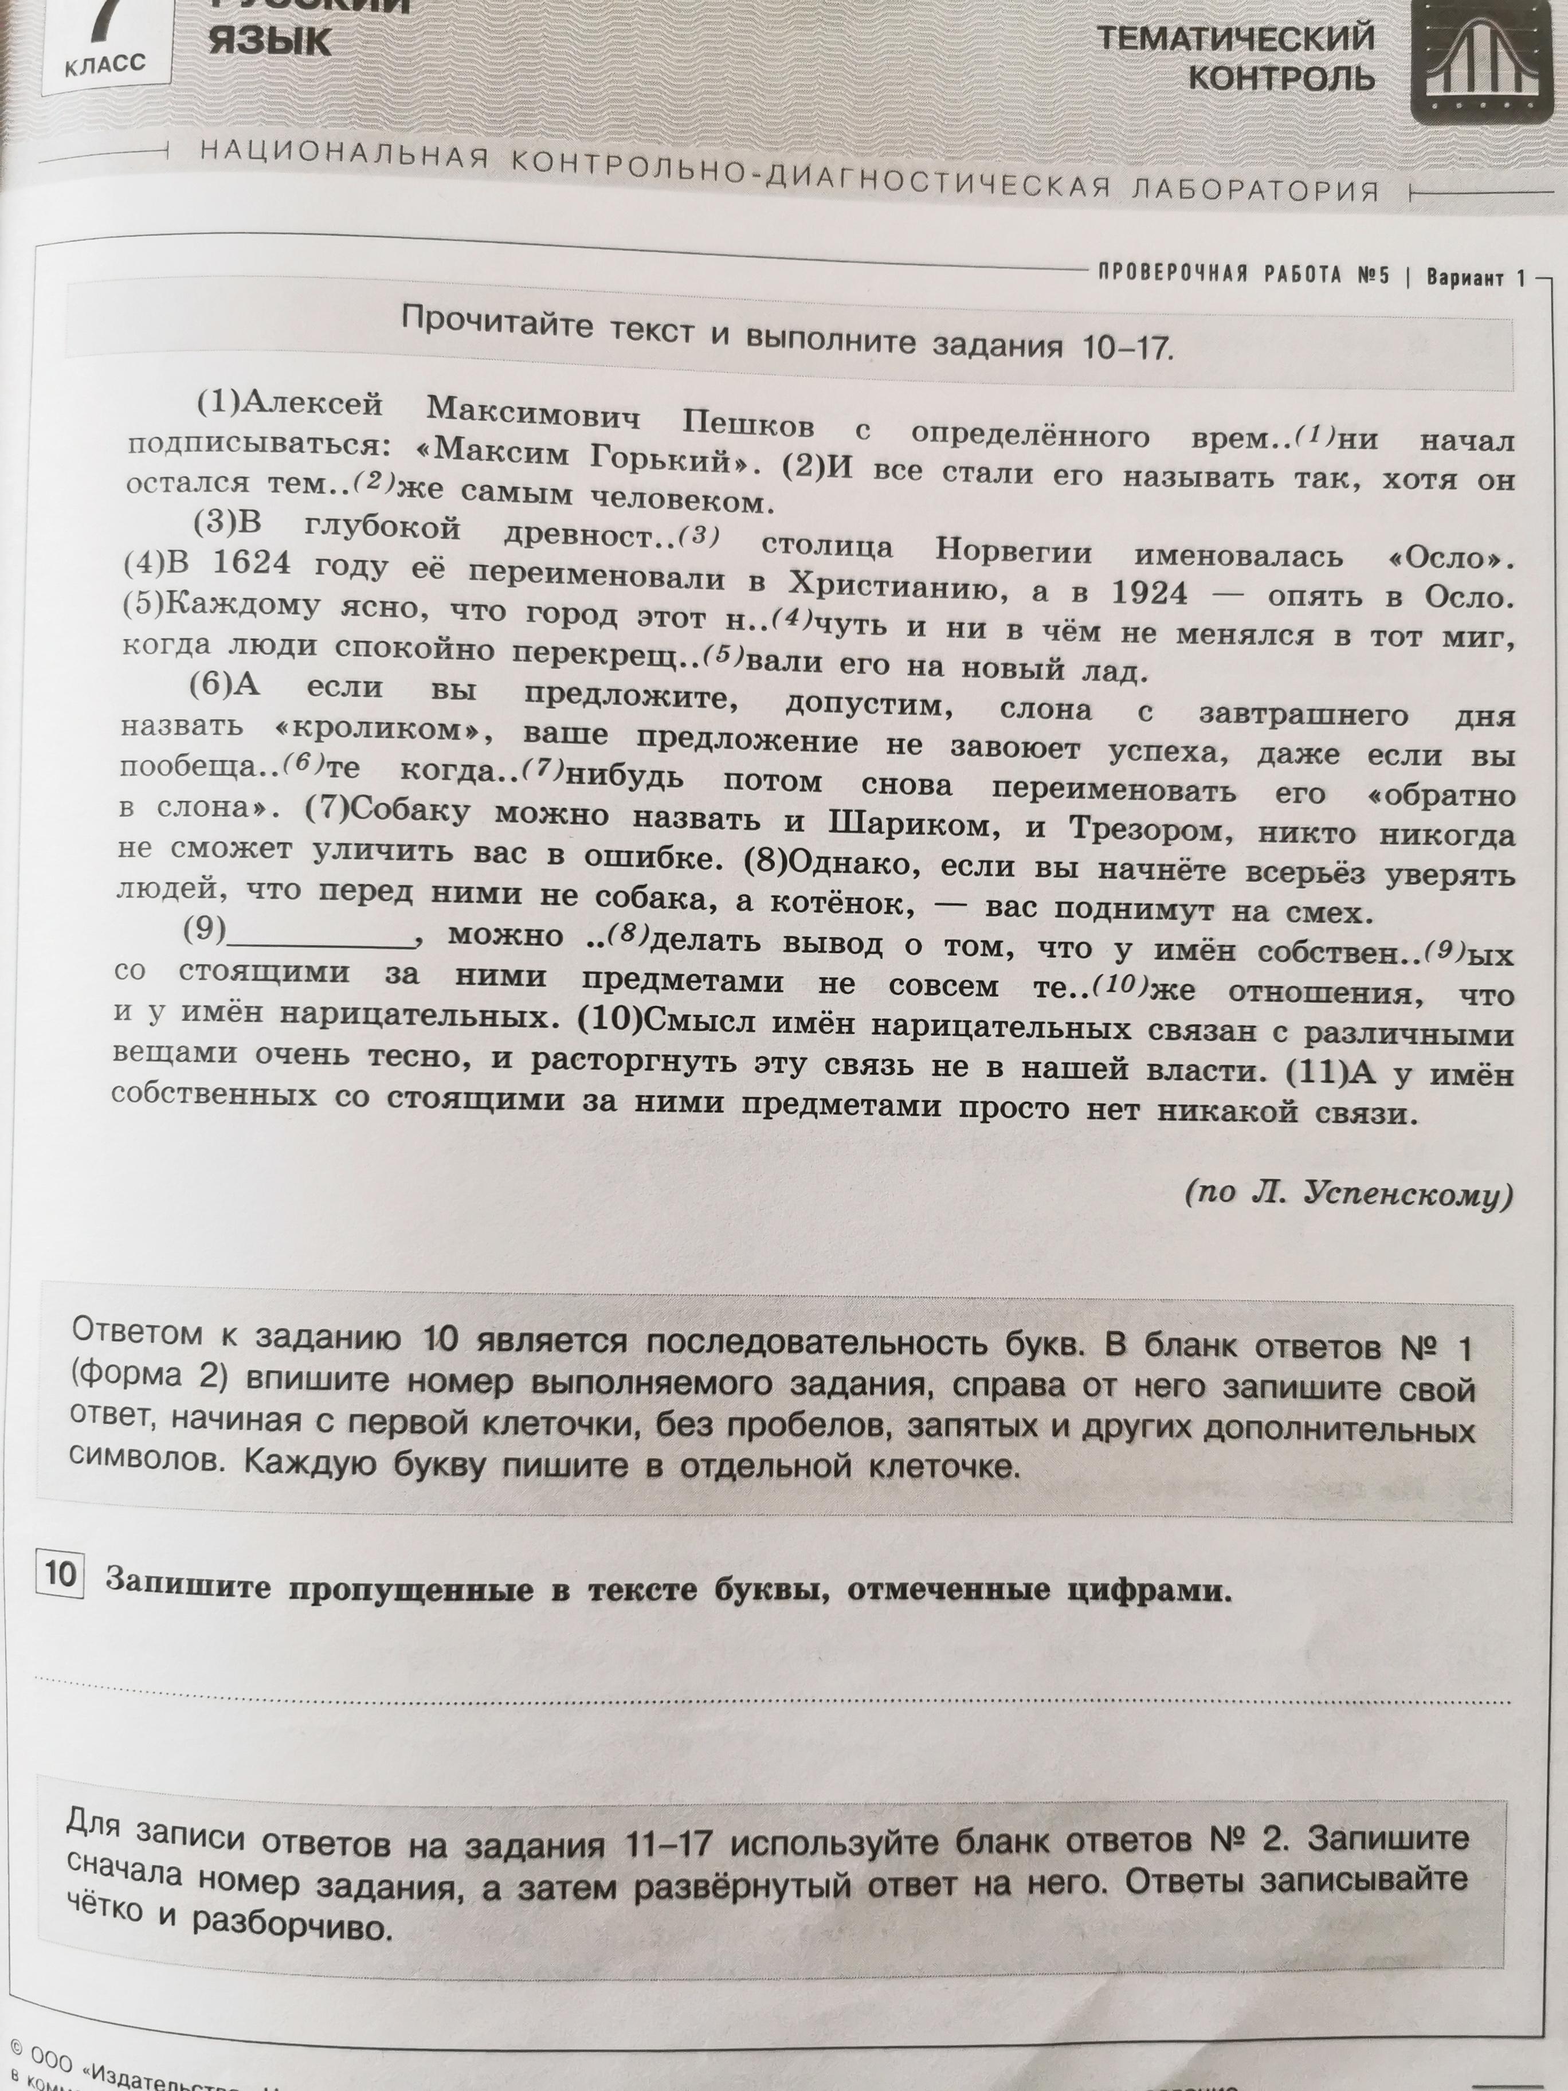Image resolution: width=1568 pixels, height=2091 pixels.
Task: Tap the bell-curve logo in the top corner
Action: pos(1481,61)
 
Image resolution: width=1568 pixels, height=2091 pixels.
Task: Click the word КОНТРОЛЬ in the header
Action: pos(1281,77)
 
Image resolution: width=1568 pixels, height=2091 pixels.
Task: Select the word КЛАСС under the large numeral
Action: pos(106,64)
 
